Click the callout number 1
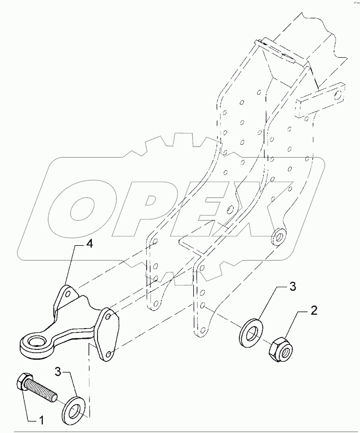pyautogui.click(x=41, y=420)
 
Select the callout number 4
pyautogui.click(x=89, y=244)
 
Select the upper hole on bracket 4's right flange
pyautogui.click(x=109, y=317)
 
